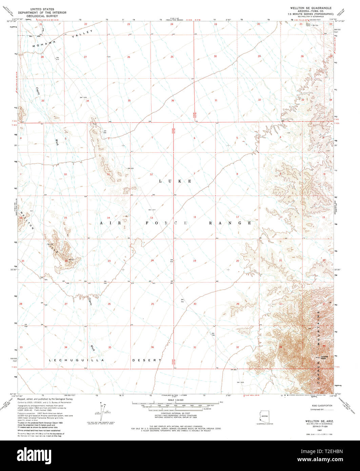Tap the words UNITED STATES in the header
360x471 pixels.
pos(42,9)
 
